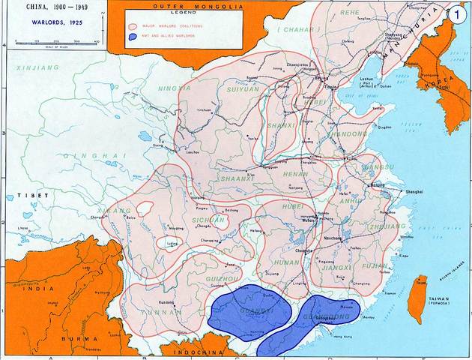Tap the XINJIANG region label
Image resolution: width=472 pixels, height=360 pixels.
[x=33, y=68]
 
